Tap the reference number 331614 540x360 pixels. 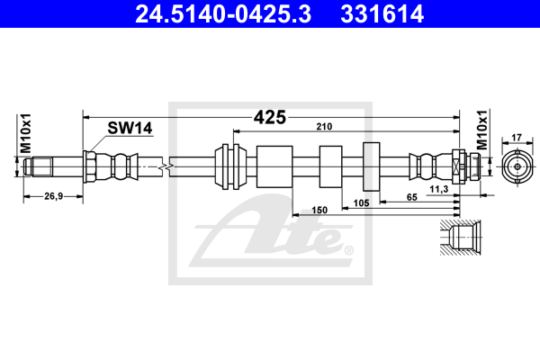(x=378, y=13)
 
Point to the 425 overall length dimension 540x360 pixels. (x=270, y=116)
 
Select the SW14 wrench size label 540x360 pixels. (x=130, y=129)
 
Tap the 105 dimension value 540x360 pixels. (x=361, y=202)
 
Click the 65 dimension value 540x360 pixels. (x=410, y=195)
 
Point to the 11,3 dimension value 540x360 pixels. (x=439, y=188)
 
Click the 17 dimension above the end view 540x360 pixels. (x=516, y=138)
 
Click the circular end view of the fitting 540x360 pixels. (x=516, y=166)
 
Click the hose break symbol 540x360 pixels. (x=164, y=166)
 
